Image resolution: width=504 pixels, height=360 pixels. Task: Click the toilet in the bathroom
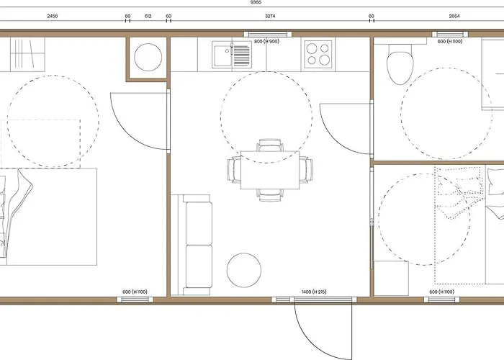click(400, 64)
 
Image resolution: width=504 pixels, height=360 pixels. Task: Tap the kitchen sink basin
click(223, 55)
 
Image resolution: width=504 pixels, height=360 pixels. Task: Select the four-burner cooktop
click(318, 54)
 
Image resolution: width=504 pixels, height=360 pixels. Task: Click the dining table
click(270, 170)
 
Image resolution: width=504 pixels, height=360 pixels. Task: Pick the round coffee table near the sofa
click(243, 270)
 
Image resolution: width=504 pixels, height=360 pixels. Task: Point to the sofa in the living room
click(195, 245)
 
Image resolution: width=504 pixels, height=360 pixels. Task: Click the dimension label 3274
click(270, 16)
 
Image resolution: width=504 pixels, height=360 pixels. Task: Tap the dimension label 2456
click(53, 16)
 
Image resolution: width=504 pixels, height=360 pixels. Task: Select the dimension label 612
click(148, 16)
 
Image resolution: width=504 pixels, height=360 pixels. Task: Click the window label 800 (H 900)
click(266, 42)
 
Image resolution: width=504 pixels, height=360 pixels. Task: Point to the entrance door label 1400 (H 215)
click(314, 292)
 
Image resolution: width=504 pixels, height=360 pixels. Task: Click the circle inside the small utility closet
click(148, 57)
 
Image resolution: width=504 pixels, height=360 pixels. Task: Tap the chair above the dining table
click(270, 145)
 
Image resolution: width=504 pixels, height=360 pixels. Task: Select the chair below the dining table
click(270, 195)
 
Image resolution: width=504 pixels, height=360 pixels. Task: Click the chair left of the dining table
click(234, 170)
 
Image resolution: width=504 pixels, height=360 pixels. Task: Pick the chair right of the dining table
click(306, 170)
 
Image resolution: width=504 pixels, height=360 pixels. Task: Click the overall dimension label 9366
click(256, 2)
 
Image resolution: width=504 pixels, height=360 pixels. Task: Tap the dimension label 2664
click(454, 16)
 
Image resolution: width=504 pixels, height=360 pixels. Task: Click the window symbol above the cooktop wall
click(268, 34)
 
